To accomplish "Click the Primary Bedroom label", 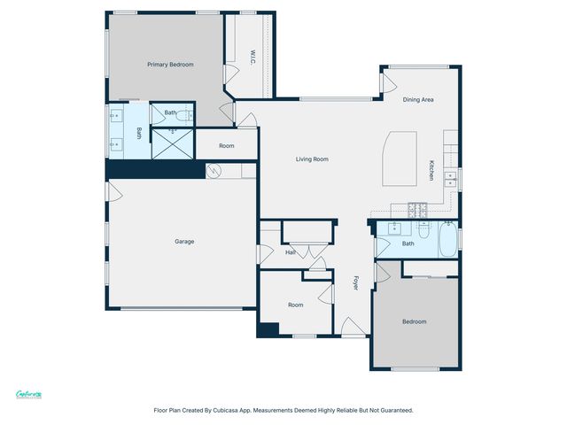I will pyautogui.click(x=170, y=65).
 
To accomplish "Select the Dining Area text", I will pyautogui.click(x=418, y=100).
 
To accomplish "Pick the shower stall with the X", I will pyautogui.click(x=172, y=144).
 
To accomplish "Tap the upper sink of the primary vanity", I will pyautogui.click(x=116, y=115).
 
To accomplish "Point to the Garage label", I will pyautogui.click(x=184, y=242).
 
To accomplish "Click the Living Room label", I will pyautogui.click(x=312, y=159).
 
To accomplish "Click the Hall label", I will pyautogui.click(x=290, y=253).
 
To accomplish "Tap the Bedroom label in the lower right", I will pyautogui.click(x=414, y=321).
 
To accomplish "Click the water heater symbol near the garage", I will pyautogui.click(x=214, y=170).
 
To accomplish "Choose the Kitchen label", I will pyautogui.click(x=431, y=171).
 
